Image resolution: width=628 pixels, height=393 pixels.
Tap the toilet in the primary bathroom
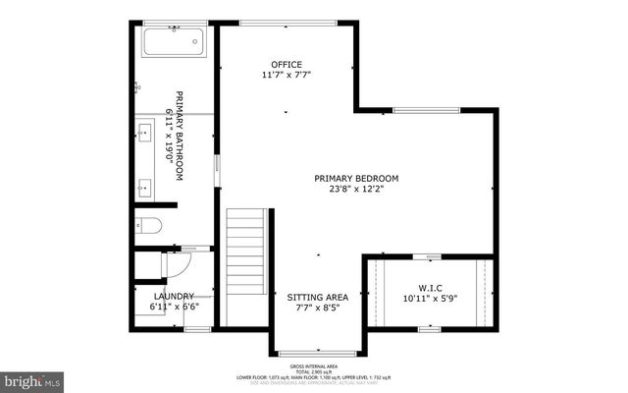pyautogui.click(x=148, y=224)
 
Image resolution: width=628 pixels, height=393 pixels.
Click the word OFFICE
pyautogui.click(x=273, y=65)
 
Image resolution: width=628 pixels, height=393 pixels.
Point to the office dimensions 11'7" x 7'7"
pyautogui.click(x=286, y=76)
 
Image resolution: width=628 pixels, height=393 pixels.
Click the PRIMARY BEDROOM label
pyautogui.click(x=356, y=178)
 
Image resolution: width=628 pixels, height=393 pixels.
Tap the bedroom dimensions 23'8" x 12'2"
pyautogui.click(x=356, y=190)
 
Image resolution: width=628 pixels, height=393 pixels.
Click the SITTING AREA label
pyautogui.click(x=317, y=296)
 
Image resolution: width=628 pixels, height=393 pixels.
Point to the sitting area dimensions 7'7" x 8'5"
pyautogui.click(x=317, y=308)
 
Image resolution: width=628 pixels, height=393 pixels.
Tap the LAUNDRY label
pyautogui.click(x=173, y=296)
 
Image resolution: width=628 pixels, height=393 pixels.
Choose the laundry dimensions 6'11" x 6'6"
pyautogui.click(x=173, y=308)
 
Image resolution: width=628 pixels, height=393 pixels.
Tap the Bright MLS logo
pyautogui.click(x=31, y=378)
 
